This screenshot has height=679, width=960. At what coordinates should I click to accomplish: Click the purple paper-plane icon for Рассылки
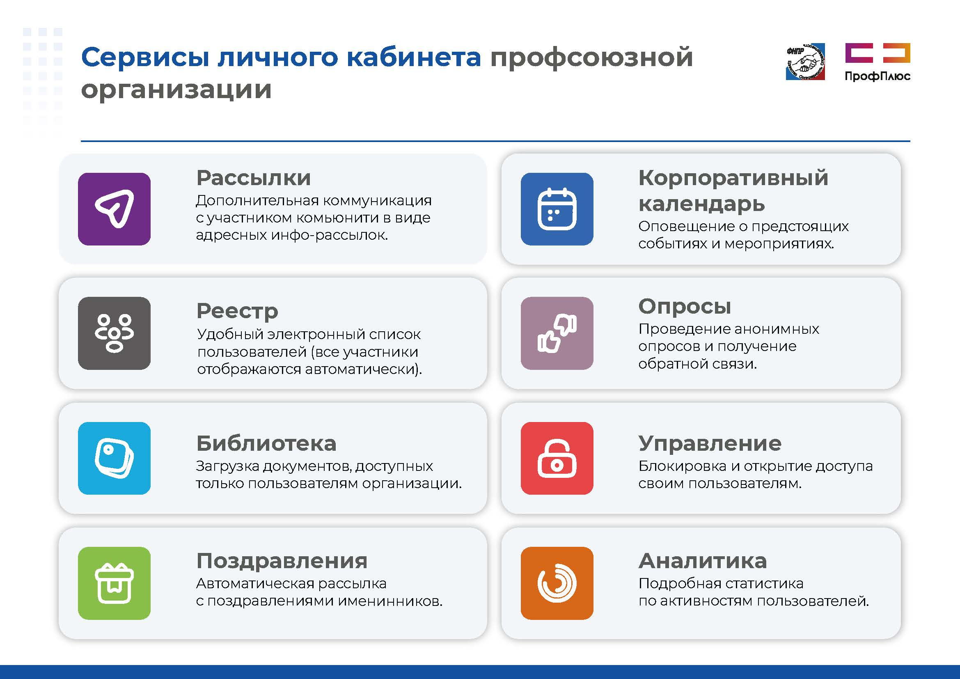click(x=114, y=209)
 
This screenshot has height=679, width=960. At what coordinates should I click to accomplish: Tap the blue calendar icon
click(x=557, y=209)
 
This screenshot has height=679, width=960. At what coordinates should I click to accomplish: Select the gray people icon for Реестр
click(x=114, y=333)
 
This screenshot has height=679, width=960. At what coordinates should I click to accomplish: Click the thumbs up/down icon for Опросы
click(x=557, y=333)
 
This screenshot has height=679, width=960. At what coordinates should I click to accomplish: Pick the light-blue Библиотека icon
click(x=114, y=458)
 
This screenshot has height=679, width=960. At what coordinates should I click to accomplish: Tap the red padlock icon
click(x=557, y=458)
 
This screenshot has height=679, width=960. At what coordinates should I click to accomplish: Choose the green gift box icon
click(x=114, y=583)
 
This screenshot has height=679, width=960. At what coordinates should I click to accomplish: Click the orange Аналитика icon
click(x=557, y=583)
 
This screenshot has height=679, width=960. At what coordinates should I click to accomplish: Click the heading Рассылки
click(x=254, y=178)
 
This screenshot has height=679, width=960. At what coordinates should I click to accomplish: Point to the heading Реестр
click(x=237, y=311)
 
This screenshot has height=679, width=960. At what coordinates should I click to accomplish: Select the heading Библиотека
click(x=266, y=443)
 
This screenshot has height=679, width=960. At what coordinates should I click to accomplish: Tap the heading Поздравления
click(x=282, y=561)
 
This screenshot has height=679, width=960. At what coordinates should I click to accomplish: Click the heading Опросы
click(x=685, y=307)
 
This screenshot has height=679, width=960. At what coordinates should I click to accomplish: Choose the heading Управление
click(x=710, y=444)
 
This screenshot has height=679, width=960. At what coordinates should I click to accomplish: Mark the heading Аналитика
click(x=703, y=561)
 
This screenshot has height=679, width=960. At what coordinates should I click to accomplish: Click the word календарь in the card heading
click(x=701, y=204)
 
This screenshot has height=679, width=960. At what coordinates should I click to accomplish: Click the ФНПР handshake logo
click(x=805, y=62)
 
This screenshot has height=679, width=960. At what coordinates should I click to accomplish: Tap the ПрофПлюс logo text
click(x=878, y=76)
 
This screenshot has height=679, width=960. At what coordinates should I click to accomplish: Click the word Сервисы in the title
click(x=145, y=57)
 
